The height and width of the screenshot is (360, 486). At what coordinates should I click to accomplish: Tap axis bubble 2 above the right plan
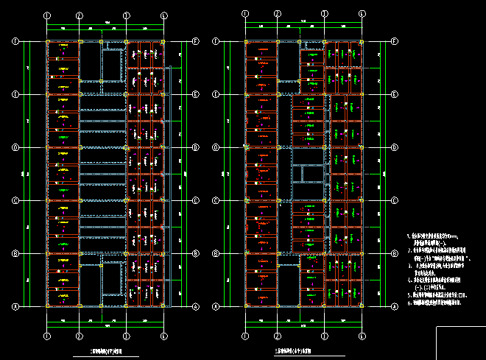pos(278,14)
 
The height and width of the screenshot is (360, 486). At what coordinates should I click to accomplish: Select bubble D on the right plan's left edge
pos(215,147)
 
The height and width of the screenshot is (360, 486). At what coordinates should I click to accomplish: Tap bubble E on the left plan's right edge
pos(195,94)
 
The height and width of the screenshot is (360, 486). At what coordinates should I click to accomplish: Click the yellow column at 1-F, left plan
pos(48,42)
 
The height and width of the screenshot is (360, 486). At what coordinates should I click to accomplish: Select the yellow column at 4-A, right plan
pos(361,306)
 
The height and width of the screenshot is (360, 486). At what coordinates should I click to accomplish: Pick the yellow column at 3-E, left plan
pos(127,94)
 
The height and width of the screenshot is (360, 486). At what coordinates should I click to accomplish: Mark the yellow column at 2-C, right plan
pos(278,200)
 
